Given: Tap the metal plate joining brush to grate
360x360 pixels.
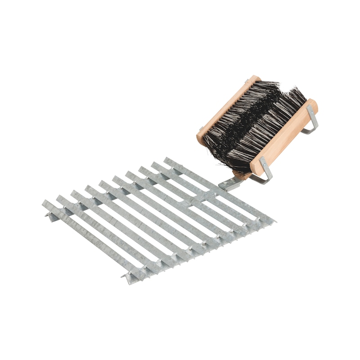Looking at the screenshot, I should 230,183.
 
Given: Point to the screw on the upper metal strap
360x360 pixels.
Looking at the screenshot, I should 310,110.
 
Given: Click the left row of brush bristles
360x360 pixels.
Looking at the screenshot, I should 238,112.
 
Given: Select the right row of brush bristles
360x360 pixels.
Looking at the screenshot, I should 270,126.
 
